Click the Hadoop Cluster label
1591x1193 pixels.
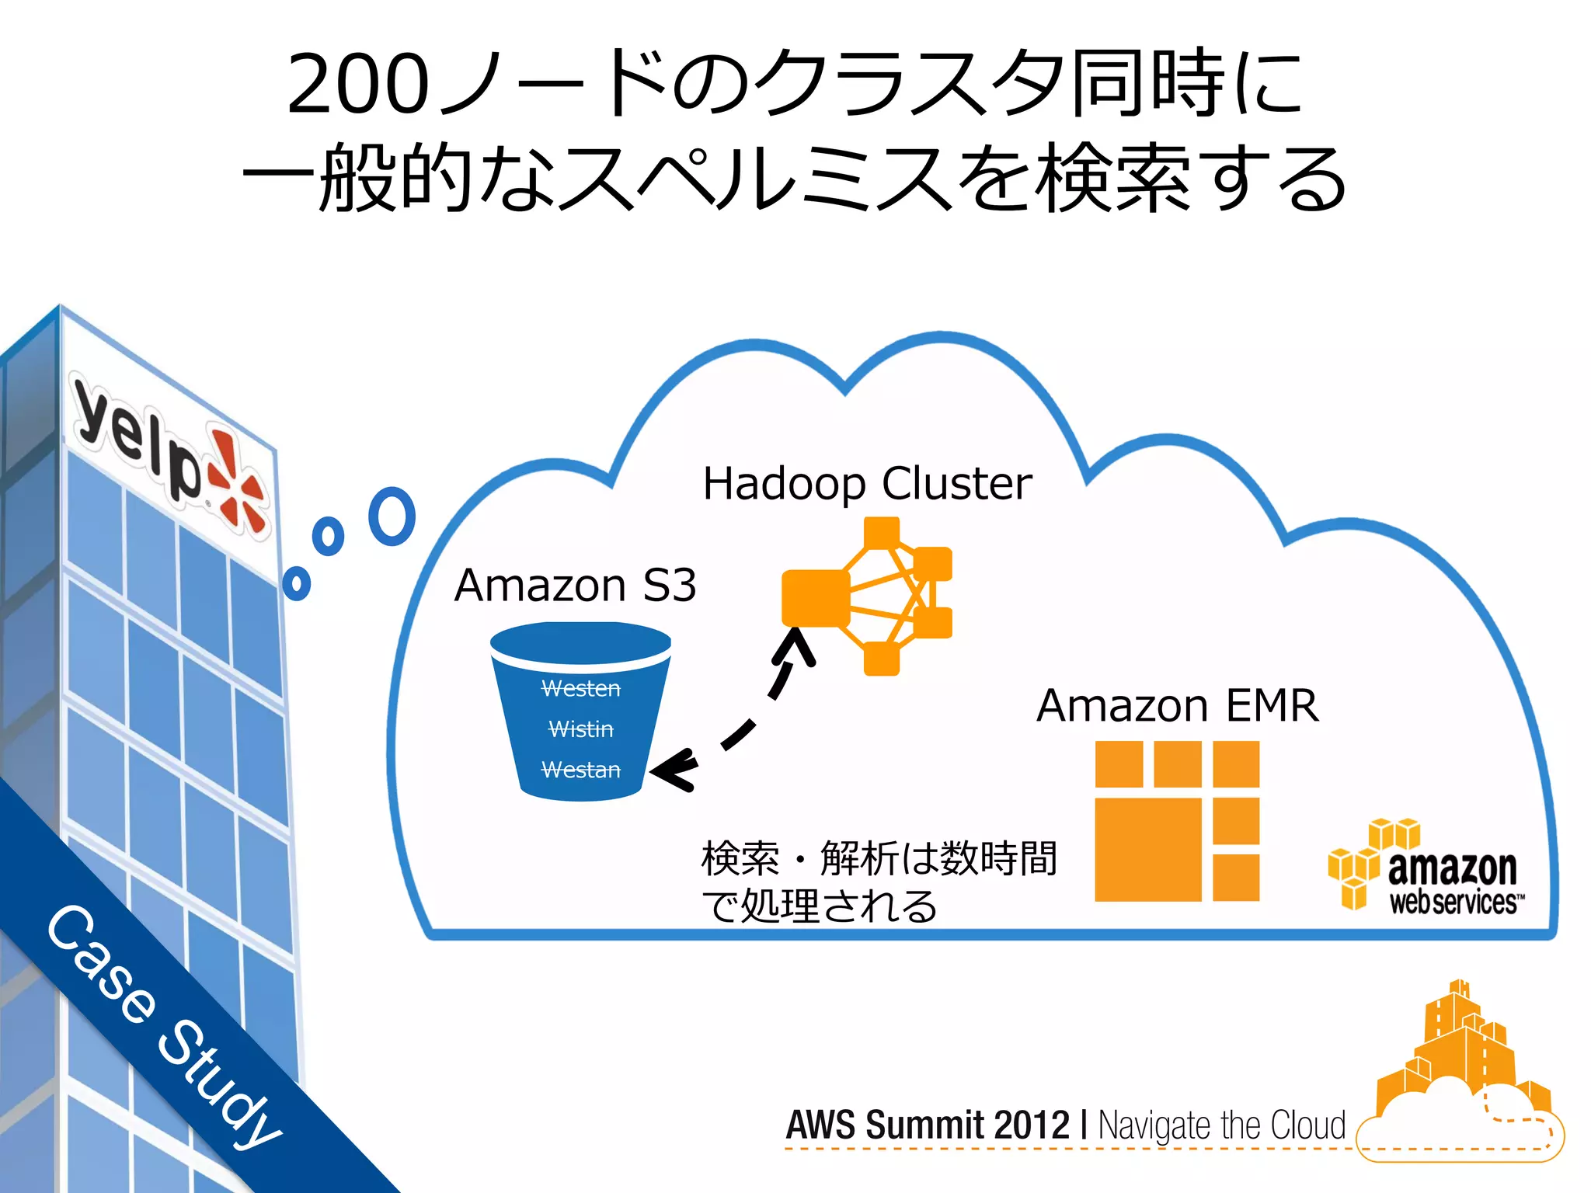coord(867,484)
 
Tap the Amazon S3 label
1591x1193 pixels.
coord(575,585)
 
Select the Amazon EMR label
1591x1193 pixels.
coord(1177,705)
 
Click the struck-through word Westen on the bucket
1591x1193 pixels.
coord(581,689)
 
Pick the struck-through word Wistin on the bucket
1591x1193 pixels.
coord(581,729)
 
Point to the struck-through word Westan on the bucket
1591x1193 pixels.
coord(581,770)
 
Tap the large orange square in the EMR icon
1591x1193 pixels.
coord(1147,849)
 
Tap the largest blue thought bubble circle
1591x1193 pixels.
coord(392,517)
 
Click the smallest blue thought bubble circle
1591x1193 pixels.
coord(296,583)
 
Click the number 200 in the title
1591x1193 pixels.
coord(357,84)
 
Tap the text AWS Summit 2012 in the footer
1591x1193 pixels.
coord(928,1125)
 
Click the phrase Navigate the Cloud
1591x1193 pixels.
coord(1221,1125)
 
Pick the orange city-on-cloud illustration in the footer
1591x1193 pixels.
coord(1460,1080)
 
